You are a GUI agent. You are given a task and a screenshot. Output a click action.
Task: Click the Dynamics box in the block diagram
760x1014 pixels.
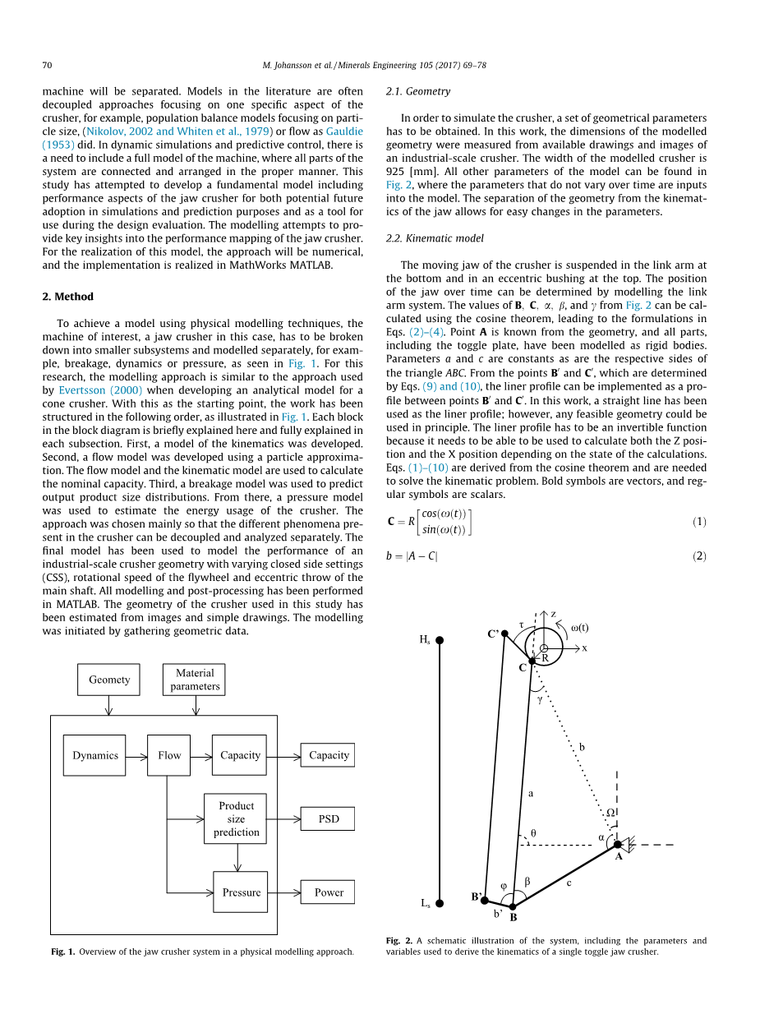pos(94,755)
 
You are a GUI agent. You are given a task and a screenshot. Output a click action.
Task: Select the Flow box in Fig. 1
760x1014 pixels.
pos(168,755)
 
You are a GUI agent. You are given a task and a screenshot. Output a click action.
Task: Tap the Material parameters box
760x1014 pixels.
pos(195,680)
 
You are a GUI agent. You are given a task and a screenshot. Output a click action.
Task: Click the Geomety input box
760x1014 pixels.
pos(109,680)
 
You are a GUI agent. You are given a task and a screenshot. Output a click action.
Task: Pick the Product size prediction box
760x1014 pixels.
pos(236,818)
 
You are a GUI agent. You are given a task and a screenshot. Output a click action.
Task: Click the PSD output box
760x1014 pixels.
pos(329,819)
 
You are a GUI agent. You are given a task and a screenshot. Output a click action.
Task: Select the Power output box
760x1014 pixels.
pos(329,892)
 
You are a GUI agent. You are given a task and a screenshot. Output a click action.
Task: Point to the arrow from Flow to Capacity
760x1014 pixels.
pos(201,755)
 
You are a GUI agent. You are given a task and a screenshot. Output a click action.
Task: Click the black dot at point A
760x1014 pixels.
pos(618,844)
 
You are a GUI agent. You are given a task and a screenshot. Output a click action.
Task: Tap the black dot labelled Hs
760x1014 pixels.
pos(440,640)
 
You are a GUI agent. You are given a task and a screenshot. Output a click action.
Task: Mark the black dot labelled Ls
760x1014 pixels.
pos(440,903)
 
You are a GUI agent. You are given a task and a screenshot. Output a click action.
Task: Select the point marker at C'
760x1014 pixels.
pos(504,634)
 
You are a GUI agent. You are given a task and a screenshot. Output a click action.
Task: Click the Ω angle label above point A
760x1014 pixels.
pos(610,813)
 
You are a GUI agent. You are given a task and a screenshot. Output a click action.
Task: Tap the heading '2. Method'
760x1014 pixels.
pos(67,297)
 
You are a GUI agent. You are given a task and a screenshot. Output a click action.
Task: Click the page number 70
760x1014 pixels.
pos(47,65)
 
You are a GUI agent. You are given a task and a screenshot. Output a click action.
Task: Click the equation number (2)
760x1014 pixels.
pos(699,556)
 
